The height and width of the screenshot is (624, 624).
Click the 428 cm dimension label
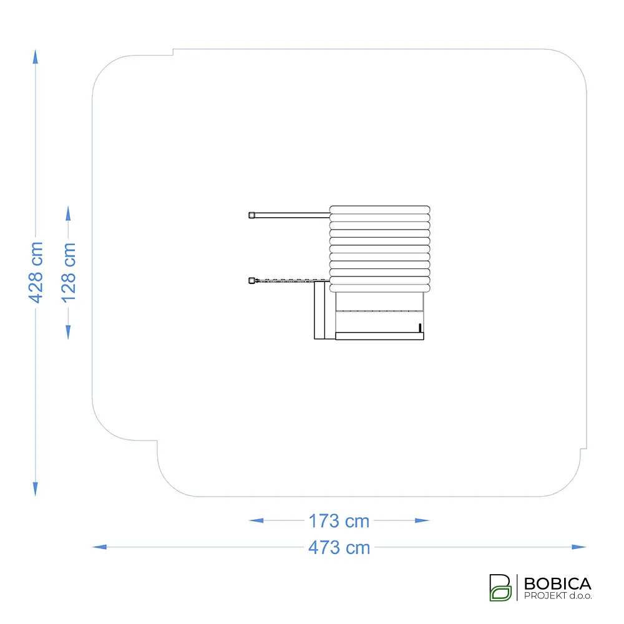[36, 273]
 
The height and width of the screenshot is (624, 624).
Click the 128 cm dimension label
[69, 273]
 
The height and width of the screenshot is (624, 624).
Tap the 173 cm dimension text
[339, 521]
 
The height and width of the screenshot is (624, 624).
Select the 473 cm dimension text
[339, 548]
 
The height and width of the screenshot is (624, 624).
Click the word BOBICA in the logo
[557, 584]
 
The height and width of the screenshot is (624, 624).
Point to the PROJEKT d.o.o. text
[558, 596]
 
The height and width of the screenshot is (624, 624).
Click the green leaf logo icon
[500, 587]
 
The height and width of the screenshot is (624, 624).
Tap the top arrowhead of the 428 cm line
[36, 57]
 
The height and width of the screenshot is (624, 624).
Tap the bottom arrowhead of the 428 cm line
[36, 489]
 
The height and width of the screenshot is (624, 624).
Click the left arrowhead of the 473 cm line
[99, 547]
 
